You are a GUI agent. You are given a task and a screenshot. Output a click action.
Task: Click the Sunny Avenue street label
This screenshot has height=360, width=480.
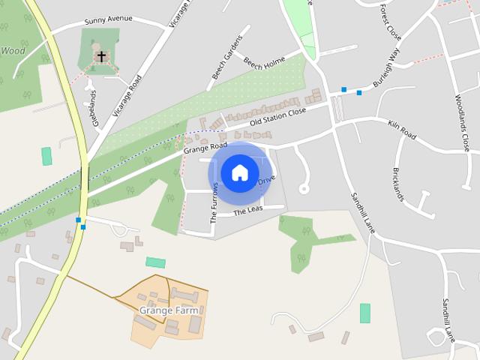108,19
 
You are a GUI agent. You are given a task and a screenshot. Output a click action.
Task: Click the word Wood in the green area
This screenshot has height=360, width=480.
13,51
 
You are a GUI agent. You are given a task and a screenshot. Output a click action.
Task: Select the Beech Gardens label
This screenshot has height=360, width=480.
228,57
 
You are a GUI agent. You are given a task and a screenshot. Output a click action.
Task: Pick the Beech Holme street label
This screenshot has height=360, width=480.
263,63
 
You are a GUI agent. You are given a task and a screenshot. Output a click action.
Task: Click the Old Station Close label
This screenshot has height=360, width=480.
277,115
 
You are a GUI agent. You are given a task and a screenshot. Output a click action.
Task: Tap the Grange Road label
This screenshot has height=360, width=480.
205,148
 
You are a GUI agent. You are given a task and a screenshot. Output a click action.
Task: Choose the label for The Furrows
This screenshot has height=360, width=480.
214,202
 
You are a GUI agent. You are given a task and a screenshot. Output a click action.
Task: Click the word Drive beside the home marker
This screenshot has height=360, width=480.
267,181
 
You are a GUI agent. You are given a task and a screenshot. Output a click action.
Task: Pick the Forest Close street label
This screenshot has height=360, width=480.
390,22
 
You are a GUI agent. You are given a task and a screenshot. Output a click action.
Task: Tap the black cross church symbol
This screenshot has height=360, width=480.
100,56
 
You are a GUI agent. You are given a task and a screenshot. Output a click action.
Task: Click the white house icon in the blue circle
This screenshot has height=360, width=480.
239,172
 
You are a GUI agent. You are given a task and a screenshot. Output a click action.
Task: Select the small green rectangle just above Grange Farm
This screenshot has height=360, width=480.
155,262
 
